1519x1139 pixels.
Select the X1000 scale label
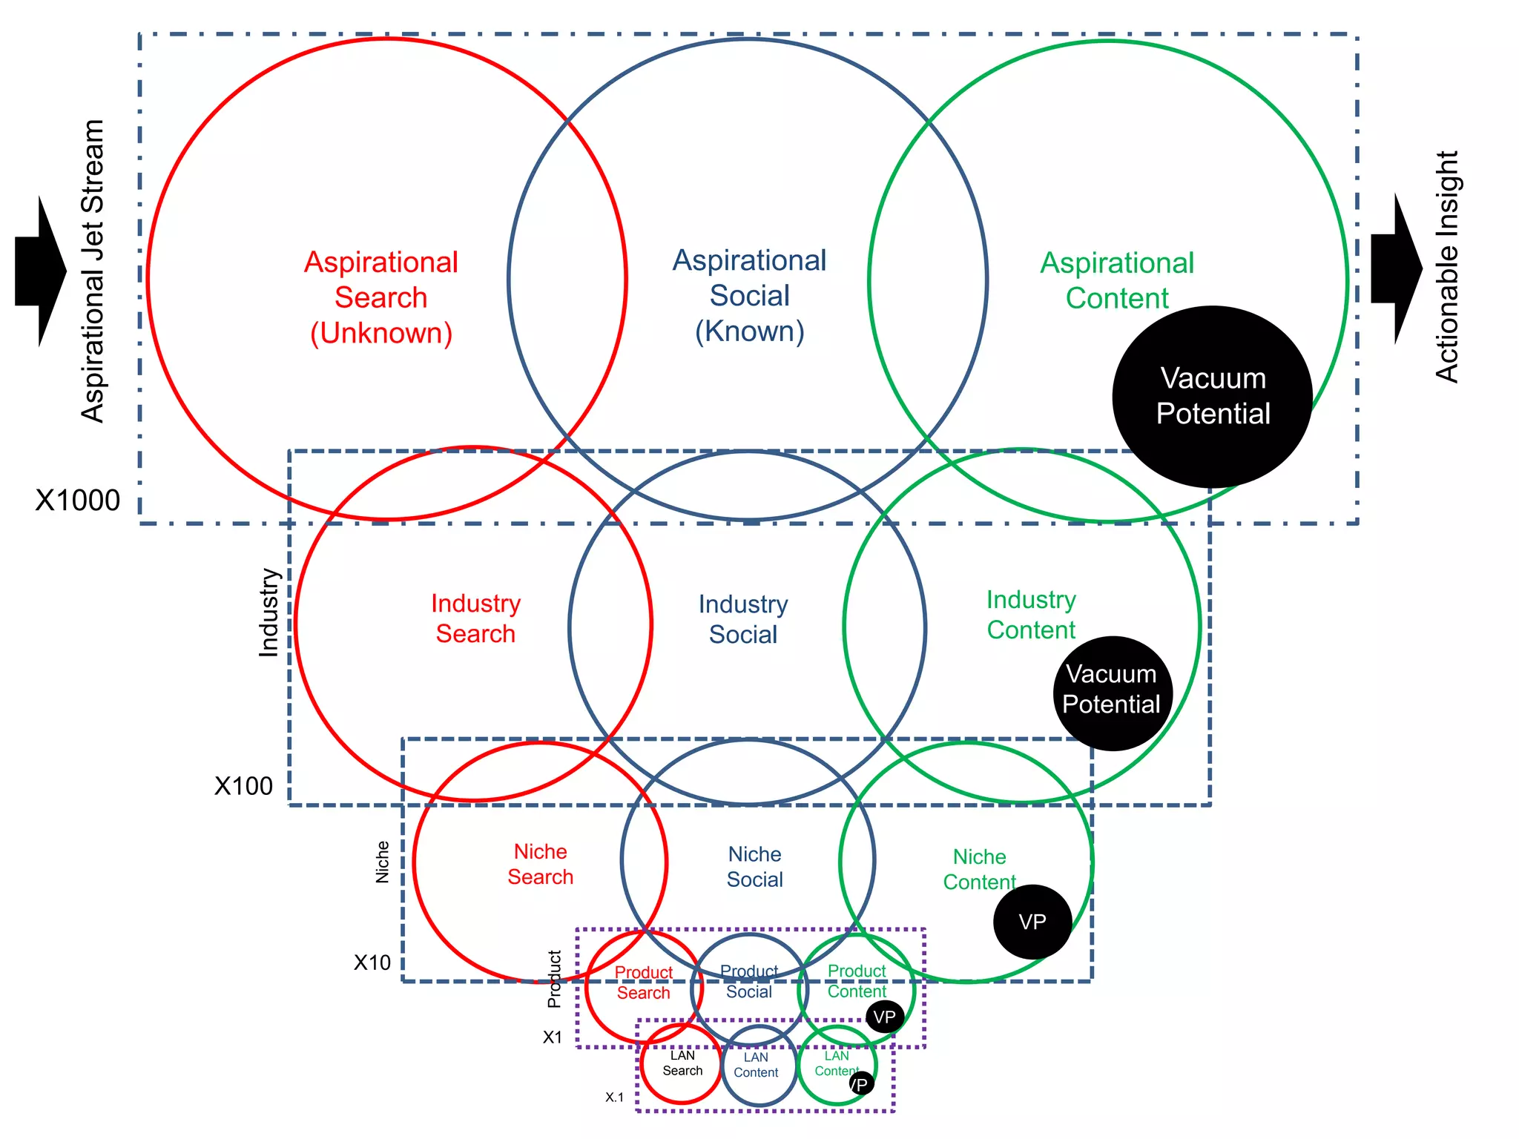[78, 501]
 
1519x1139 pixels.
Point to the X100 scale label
[243, 786]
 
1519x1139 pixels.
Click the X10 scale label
[372, 963]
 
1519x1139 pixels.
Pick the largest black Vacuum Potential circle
[1212, 397]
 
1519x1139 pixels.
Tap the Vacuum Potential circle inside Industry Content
[1112, 693]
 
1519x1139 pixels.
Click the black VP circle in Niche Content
[1032, 922]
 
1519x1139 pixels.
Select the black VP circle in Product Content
[885, 1017]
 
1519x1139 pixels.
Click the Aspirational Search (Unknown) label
[381, 297]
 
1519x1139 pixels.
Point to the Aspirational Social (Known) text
[749, 295]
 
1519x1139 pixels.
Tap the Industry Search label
[475, 618]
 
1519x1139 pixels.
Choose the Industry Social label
[743, 619]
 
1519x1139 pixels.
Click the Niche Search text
[541, 864]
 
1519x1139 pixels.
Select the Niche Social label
[754, 867]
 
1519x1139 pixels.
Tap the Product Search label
[643, 983]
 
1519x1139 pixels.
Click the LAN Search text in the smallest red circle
[682, 1063]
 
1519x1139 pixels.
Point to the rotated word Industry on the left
[268, 613]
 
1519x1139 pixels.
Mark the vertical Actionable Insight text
[1447, 267]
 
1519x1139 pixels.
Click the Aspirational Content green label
[1117, 280]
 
